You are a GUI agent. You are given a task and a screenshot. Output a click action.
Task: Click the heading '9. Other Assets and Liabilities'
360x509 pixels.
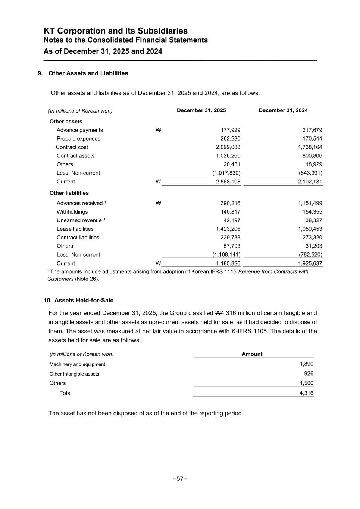(83, 73)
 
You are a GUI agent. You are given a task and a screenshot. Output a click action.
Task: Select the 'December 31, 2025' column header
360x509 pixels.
(201, 110)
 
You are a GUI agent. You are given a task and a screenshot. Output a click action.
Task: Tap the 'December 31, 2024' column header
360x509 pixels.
(283, 110)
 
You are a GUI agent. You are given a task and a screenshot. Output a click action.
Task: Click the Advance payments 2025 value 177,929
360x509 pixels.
(231, 130)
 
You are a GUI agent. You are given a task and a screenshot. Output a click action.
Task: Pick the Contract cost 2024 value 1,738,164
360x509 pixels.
(307, 147)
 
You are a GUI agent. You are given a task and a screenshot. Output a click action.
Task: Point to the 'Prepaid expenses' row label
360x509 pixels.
(78, 139)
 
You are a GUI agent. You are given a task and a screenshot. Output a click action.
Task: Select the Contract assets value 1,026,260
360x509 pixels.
(228, 156)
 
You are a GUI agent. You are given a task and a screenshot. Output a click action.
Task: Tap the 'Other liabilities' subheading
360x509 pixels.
(69, 193)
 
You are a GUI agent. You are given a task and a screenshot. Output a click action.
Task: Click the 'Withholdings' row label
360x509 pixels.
(72, 212)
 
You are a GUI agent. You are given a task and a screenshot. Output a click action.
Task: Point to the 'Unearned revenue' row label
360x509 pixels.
(79, 221)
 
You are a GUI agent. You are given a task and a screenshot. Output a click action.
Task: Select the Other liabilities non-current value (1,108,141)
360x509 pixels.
(226, 255)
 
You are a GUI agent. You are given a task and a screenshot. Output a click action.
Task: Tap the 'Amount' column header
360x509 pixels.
(252, 354)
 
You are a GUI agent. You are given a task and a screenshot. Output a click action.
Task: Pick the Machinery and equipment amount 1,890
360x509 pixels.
(306, 364)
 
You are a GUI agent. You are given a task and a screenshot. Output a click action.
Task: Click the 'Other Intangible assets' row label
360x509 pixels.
(74, 374)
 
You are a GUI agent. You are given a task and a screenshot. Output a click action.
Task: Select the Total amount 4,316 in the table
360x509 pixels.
(306, 393)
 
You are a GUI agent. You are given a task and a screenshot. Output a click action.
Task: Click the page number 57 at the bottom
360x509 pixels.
(180, 479)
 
